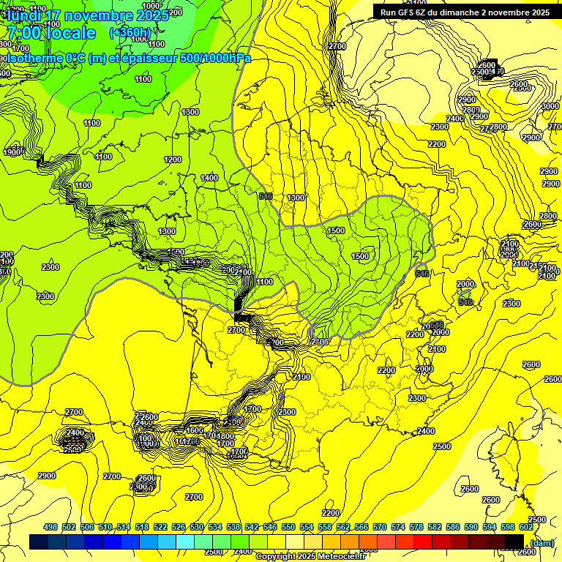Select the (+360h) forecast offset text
coord(130,33)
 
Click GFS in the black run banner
coord(412,12)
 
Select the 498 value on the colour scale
coord(50,527)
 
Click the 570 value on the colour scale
coord(380,527)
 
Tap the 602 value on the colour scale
coord(526,527)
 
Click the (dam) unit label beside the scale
coord(542,542)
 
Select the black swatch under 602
coord(514,542)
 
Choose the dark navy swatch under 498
coord(39,542)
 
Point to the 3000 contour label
coord(550,106)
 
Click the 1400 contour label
coord(209,178)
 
